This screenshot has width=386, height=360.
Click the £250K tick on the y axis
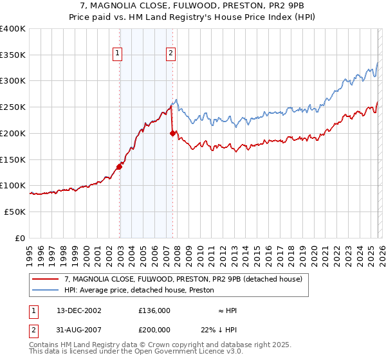(x=13, y=107)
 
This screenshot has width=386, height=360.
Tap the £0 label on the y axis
(x=20, y=238)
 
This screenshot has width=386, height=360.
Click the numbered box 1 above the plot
(x=119, y=54)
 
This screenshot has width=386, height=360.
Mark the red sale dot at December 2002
(x=119, y=166)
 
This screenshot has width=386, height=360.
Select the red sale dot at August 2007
(x=172, y=133)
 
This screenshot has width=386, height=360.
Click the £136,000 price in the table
(x=154, y=310)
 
